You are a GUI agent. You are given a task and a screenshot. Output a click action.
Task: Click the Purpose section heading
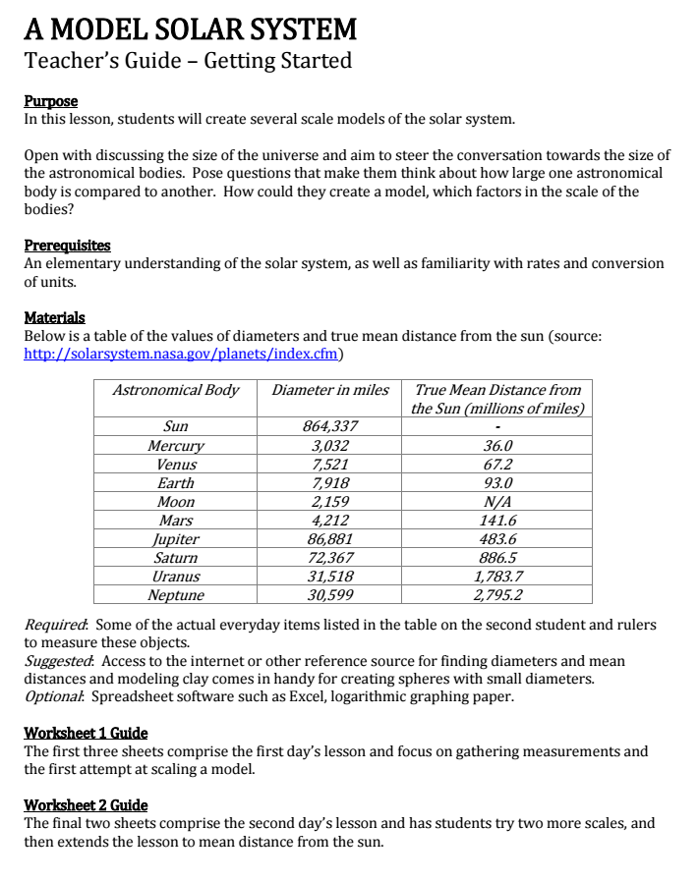50,101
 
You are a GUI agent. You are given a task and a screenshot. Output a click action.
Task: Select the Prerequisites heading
67,246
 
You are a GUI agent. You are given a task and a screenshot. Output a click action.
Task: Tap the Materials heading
54,317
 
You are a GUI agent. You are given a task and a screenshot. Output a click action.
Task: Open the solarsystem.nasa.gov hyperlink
184,354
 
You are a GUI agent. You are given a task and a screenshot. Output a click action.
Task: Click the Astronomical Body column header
176,390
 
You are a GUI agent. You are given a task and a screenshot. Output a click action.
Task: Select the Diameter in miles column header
330,390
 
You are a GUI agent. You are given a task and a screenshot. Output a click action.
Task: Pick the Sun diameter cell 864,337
330,426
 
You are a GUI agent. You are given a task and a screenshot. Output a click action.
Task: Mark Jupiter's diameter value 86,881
330,538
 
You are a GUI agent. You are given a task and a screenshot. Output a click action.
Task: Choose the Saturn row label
176,557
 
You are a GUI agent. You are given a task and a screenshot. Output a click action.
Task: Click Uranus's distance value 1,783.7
498,576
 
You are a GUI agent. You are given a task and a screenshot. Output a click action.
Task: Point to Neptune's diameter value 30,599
330,594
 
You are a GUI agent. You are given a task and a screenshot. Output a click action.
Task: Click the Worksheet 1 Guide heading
86,733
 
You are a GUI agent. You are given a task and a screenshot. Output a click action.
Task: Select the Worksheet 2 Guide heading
86,804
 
